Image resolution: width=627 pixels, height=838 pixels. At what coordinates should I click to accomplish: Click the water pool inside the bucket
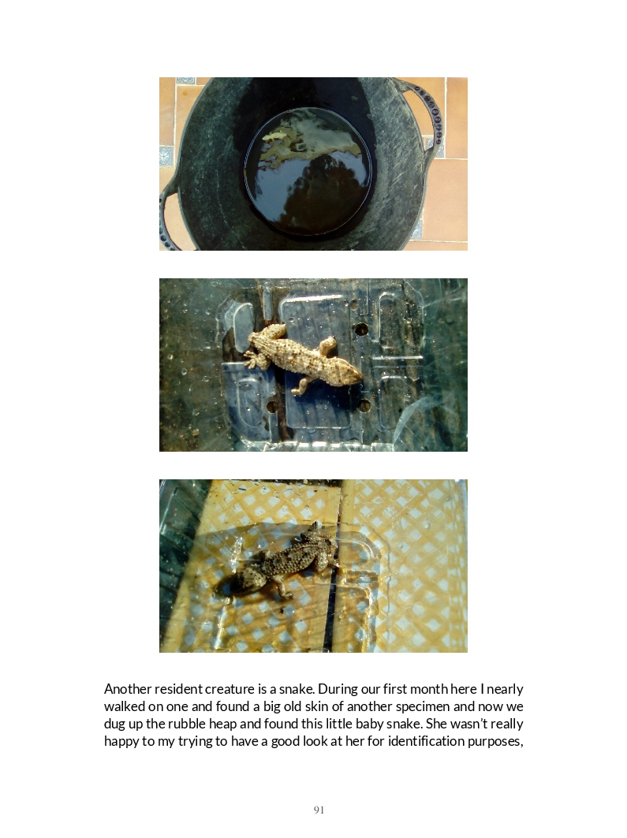308,171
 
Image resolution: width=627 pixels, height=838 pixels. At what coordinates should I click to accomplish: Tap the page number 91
319,810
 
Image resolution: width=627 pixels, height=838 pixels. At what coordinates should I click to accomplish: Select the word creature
230,689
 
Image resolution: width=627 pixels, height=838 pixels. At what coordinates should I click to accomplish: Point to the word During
338,689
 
